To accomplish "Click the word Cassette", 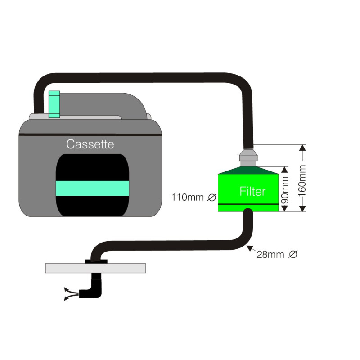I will (90, 144).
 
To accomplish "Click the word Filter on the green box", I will (252, 191).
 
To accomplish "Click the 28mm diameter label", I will (270, 255).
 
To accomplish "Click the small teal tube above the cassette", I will (54, 103).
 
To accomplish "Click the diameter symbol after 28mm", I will (292, 255).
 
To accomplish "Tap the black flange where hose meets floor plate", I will (96, 261).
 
